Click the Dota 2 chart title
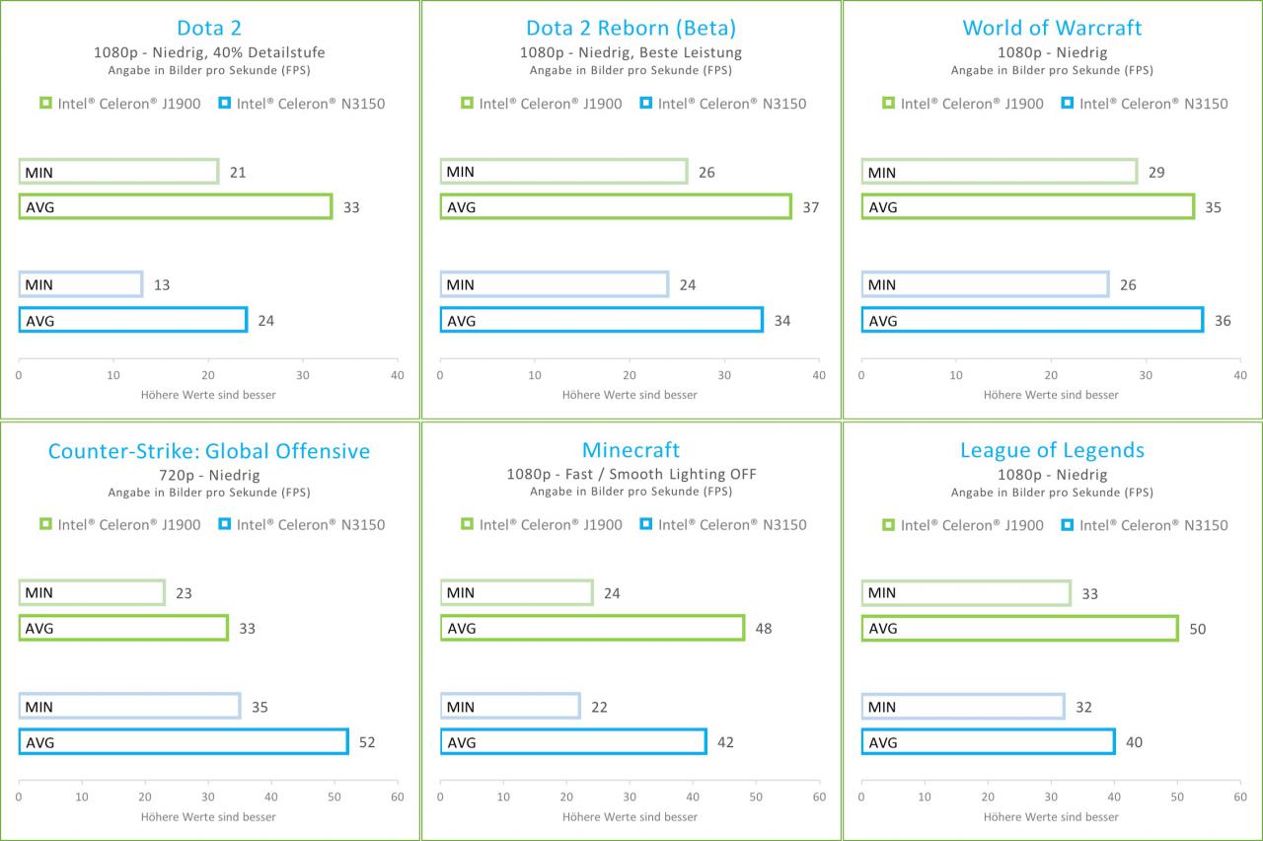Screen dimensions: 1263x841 pos(209,28)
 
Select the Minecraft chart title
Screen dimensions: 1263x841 pos(631,449)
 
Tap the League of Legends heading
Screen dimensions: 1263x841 pos(1052,450)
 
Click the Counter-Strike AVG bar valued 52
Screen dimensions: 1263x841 pos(184,741)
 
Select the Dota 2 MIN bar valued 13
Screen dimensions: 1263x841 pos(81,284)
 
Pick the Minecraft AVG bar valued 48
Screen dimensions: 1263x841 pos(593,628)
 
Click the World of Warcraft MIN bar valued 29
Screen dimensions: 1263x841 pos(1000,172)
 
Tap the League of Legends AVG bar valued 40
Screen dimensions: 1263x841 pos(989,741)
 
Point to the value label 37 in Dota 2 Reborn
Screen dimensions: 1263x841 pos(811,207)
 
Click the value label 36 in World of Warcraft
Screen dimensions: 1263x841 pos(1223,321)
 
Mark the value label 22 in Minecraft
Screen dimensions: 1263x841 pos(599,708)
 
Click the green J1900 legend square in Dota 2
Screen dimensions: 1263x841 pos(45,103)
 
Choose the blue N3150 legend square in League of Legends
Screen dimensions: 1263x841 pos(1067,524)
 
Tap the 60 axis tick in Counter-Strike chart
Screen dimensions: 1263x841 pos(398,797)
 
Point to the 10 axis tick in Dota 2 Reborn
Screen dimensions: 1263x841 pos(535,375)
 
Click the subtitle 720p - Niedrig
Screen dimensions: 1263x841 pos(209,475)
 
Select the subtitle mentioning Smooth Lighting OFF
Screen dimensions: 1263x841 pos(631,474)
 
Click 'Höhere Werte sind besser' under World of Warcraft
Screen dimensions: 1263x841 pos(1051,395)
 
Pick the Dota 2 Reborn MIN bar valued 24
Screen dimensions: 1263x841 pos(555,284)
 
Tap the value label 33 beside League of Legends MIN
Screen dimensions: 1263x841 pos(1089,594)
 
